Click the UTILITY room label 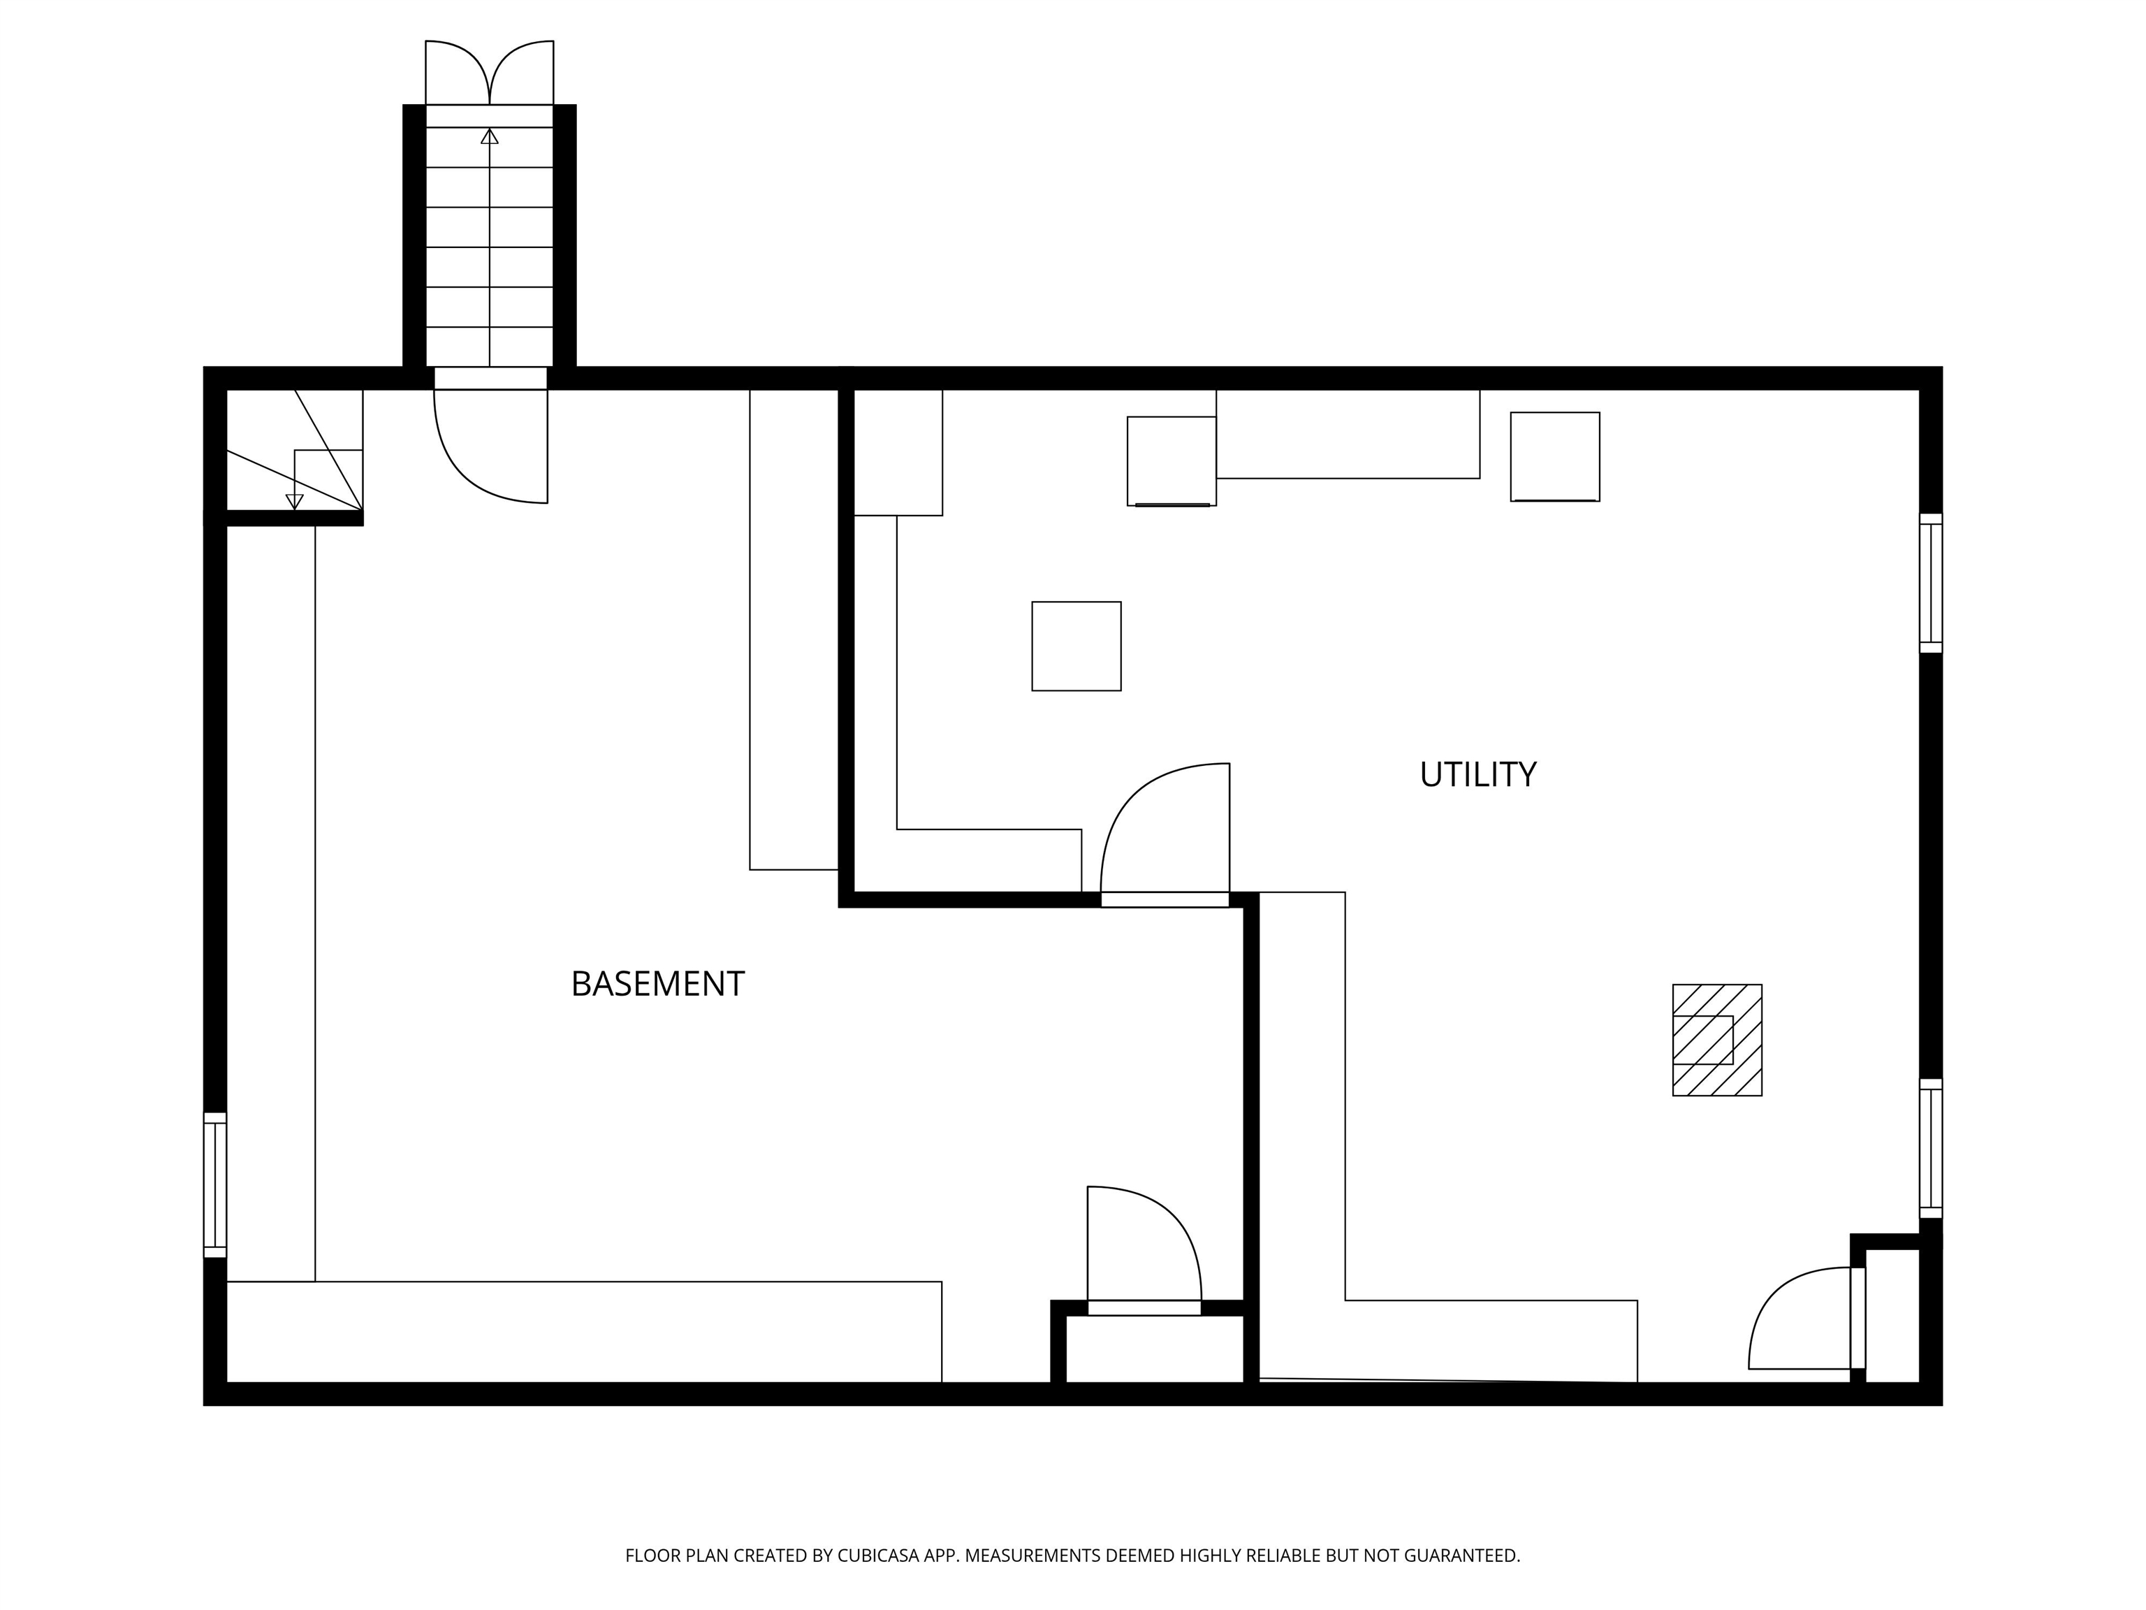(x=1477, y=774)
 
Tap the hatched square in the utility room (x=1716, y=1040)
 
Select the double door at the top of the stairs (x=489, y=73)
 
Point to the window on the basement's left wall (x=214, y=1185)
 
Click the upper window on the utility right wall (x=1931, y=583)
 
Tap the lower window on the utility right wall (x=1931, y=1148)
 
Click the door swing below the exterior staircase (x=490, y=447)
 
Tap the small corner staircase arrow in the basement (x=294, y=501)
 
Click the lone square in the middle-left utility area (x=1076, y=646)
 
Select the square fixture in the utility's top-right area (x=1554, y=456)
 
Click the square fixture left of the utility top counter (x=1171, y=461)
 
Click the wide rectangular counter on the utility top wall (x=1348, y=434)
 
